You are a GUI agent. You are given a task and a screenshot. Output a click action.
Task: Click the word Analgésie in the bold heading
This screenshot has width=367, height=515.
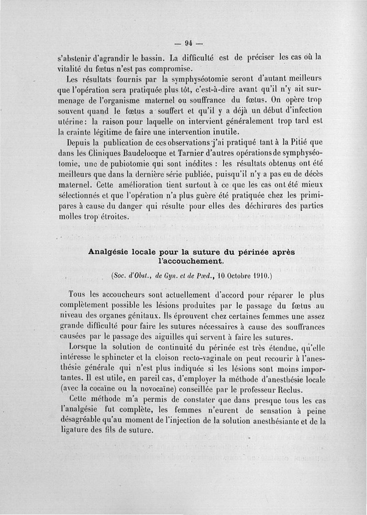(x=109, y=252)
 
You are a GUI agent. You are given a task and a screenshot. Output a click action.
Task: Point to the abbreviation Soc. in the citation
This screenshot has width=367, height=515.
(x=119, y=276)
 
